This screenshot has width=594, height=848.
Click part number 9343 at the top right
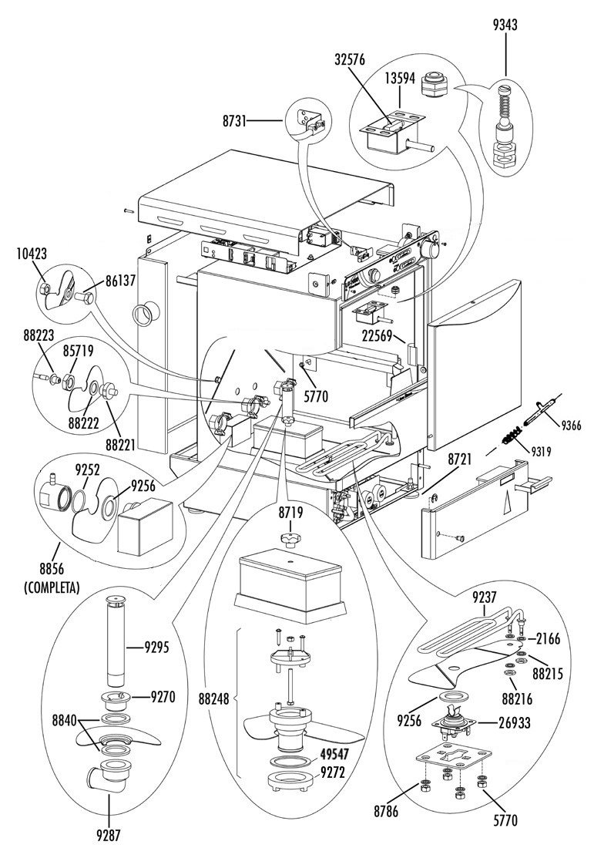point(505,25)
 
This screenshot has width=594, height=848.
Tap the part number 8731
point(234,122)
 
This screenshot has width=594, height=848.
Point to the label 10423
point(32,254)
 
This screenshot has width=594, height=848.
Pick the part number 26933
point(515,722)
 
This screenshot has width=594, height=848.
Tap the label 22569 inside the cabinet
point(377,335)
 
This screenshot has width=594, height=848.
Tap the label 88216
point(517,698)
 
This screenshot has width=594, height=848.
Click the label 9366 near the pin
point(569,425)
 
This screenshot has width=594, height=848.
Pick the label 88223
point(39,335)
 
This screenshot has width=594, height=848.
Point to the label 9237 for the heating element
point(485,597)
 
